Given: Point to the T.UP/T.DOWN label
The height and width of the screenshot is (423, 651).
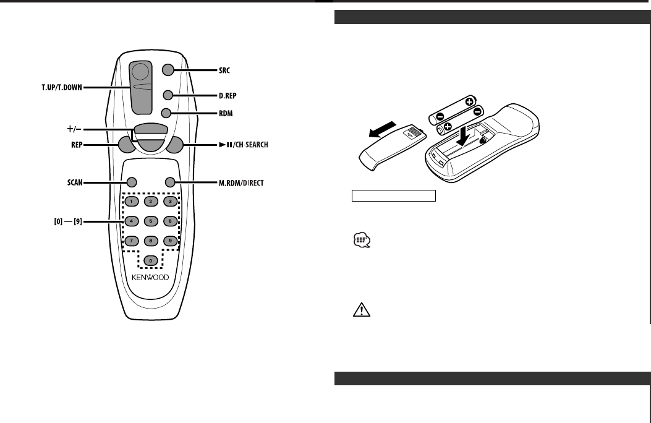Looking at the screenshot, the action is coord(59,88).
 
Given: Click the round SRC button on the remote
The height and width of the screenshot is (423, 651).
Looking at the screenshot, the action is coord(168,70).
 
